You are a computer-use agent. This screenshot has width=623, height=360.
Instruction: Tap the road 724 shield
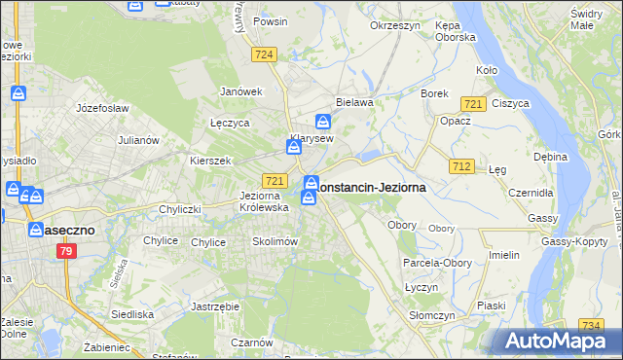[x=263, y=55]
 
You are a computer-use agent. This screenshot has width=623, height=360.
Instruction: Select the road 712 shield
[x=462, y=167]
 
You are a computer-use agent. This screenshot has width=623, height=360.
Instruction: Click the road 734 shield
[x=590, y=326]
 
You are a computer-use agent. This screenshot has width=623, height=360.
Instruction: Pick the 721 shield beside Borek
[x=474, y=104]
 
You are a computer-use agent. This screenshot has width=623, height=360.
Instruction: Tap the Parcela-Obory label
[x=438, y=263]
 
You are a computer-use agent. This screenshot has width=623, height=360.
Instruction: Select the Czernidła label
[x=532, y=193]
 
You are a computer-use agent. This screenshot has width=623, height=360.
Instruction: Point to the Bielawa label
[x=354, y=101]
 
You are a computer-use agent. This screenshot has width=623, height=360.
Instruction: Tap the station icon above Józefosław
[x=18, y=93]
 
